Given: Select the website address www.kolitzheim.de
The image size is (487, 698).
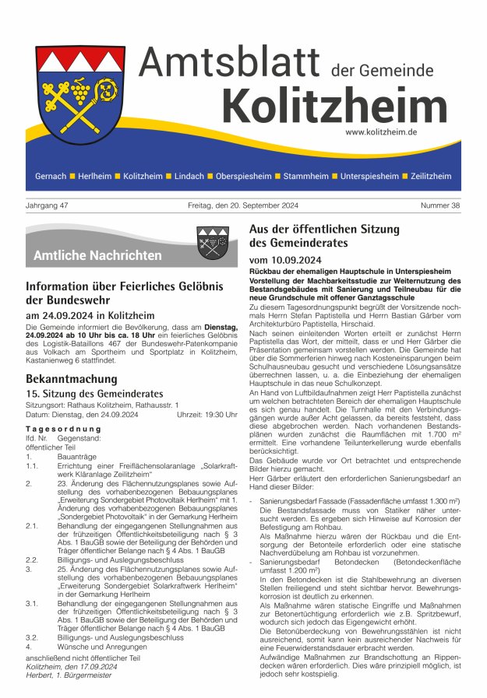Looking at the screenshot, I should pos(381,132).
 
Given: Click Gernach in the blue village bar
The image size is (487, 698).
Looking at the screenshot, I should pos(51,177).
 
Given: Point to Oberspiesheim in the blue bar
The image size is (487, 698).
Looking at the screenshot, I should pos(244,177).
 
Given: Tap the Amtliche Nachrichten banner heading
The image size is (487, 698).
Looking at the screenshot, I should pos(97,255).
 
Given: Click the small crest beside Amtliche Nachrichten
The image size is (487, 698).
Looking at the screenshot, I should pos(212,243).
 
